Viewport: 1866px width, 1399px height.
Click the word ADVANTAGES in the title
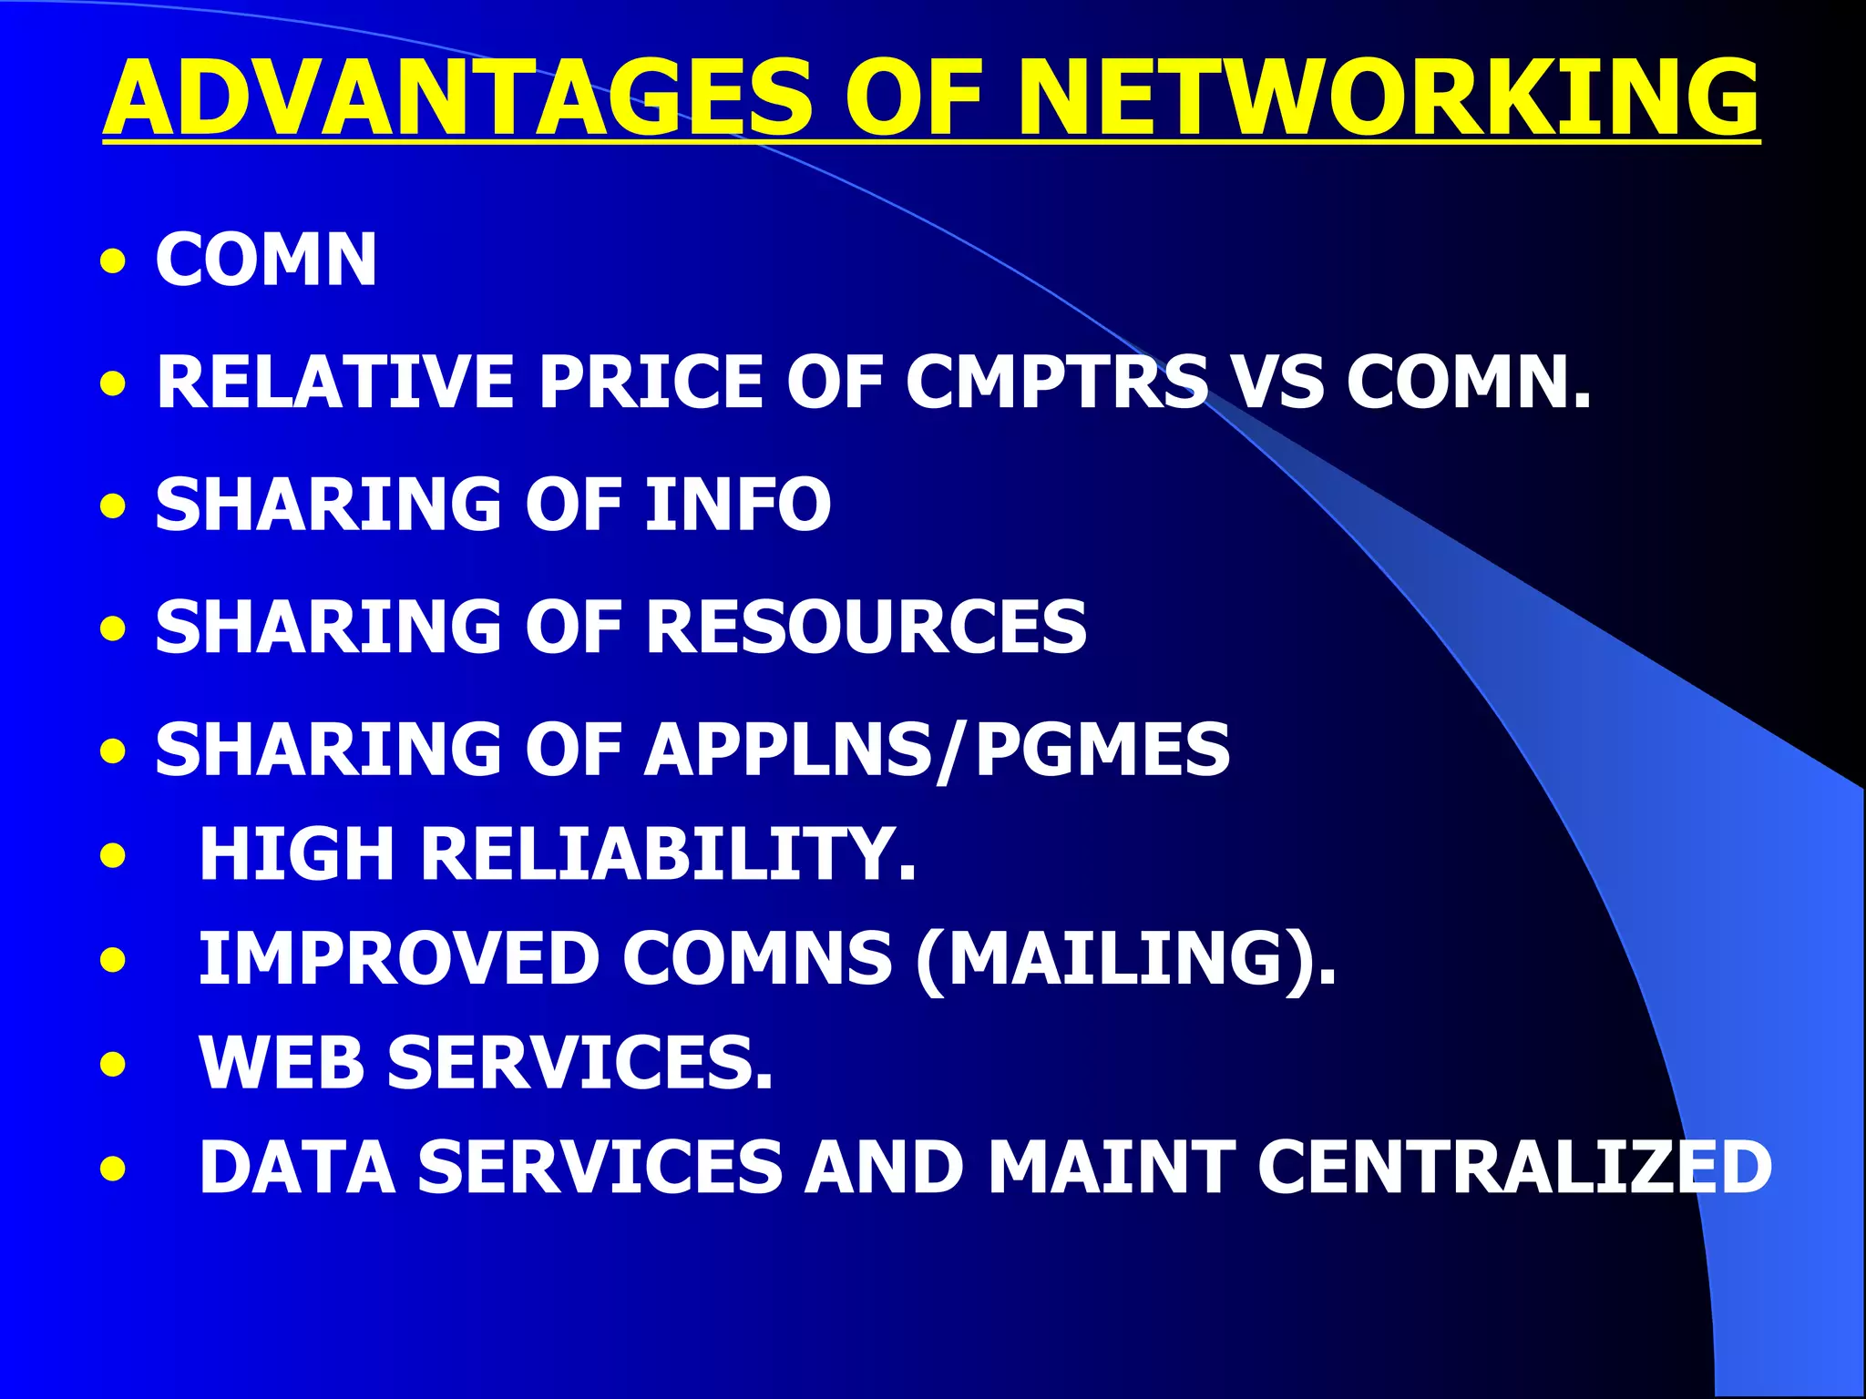click(x=456, y=97)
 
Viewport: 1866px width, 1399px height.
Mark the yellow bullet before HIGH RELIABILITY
click(x=113, y=855)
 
